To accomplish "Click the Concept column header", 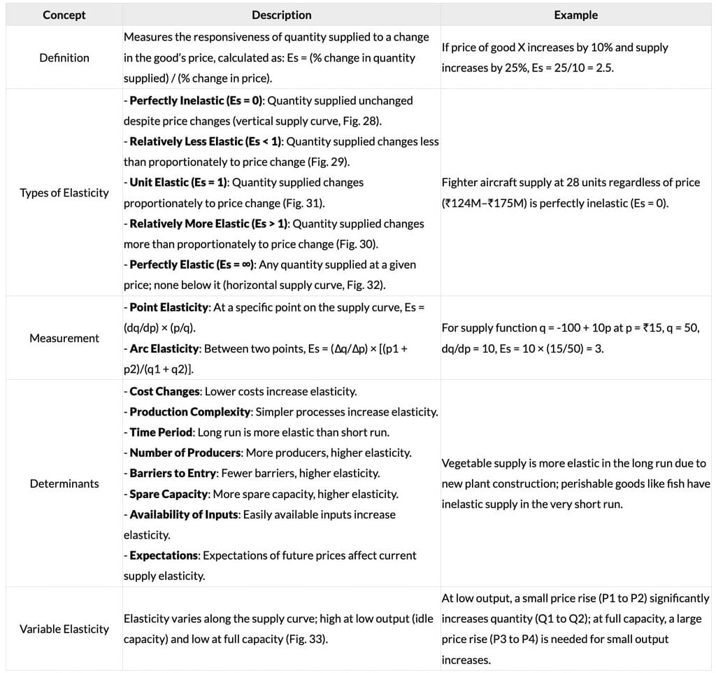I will click(x=64, y=15).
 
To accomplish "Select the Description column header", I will click(x=281, y=15).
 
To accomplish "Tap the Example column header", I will click(x=575, y=15).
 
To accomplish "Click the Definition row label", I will click(x=64, y=57).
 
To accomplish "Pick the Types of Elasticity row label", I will click(x=64, y=192).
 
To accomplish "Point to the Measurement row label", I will click(x=64, y=338).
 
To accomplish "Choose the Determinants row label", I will click(x=64, y=483).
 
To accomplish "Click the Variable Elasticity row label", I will click(x=64, y=629).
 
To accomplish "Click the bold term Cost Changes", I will click(x=165, y=391).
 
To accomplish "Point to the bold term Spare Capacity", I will click(x=169, y=494).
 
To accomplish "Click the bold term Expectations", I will click(x=164, y=555).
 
